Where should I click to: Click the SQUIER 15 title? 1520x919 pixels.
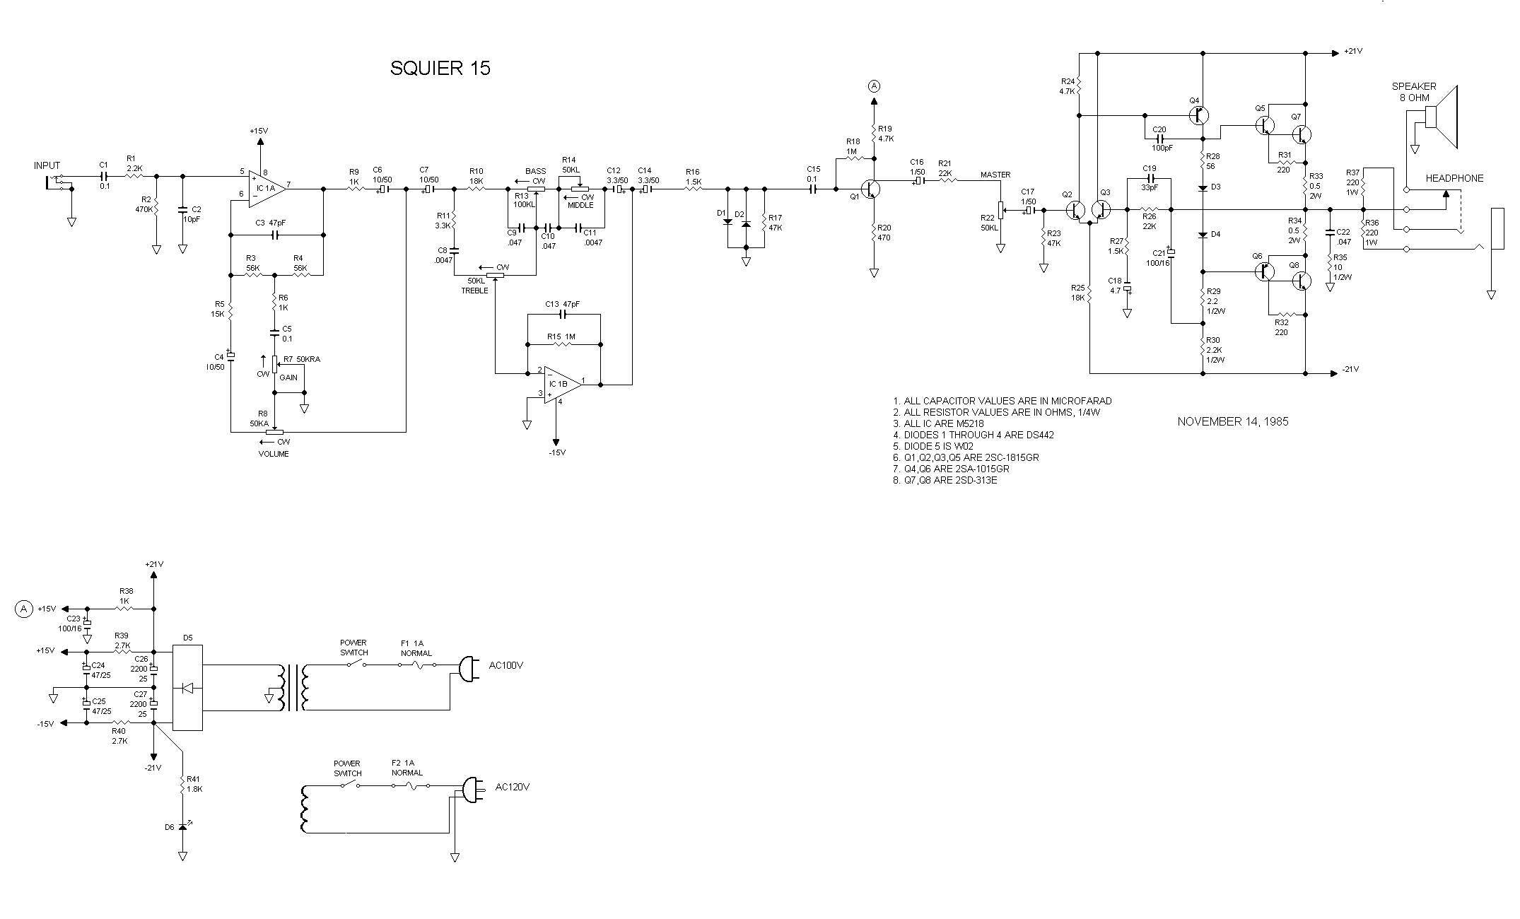[440, 69]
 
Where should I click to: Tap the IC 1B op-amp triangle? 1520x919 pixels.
[561, 384]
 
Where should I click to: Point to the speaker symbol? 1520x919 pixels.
[1442, 117]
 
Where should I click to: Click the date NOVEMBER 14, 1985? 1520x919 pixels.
[1232, 422]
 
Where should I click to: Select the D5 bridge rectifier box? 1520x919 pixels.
[188, 687]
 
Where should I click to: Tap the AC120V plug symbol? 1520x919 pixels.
[472, 790]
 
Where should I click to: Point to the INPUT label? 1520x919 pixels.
[47, 166]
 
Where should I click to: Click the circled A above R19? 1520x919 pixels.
[874, 86]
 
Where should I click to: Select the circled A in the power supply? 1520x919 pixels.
[24, 609]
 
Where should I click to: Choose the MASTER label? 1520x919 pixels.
[995, 175]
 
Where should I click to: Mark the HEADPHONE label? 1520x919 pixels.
[1454, 178]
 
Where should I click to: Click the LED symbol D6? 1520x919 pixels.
[183, 826]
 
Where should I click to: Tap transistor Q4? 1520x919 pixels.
[1199, 115]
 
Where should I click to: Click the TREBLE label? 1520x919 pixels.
[474, 291]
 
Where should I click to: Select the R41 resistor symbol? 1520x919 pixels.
[183, 785]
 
